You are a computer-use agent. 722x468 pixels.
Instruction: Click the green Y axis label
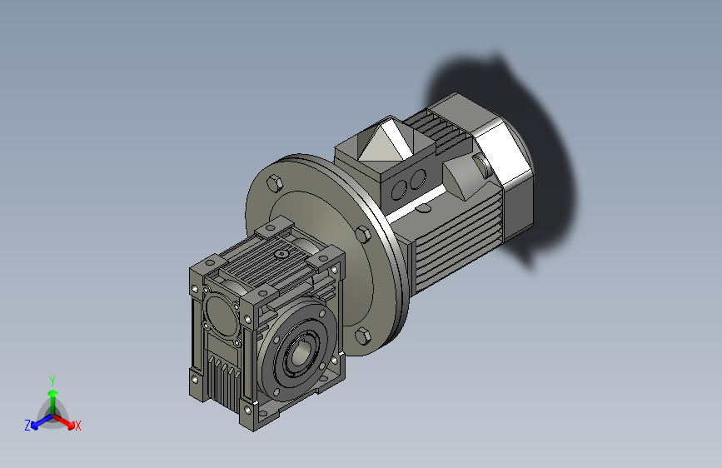[x=52, y=380]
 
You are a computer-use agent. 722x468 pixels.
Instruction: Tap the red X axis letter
[x=78, y=426]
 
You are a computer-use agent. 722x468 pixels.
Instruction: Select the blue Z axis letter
[x=27, y=425]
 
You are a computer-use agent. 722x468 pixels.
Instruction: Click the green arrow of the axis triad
[x=52, y=395]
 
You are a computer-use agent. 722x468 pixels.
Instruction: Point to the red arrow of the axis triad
[x=68, y=421]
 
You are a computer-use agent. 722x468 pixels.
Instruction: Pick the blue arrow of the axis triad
[x=37, y=421]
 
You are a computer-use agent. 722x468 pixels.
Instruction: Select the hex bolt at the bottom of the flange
[x=362, y=336]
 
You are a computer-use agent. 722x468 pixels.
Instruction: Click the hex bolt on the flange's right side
[x=364, y=232]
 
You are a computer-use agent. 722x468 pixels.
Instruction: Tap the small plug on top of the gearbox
[x=281, y=254]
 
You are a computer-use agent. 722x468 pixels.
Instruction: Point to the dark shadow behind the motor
[x=541, y=150]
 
